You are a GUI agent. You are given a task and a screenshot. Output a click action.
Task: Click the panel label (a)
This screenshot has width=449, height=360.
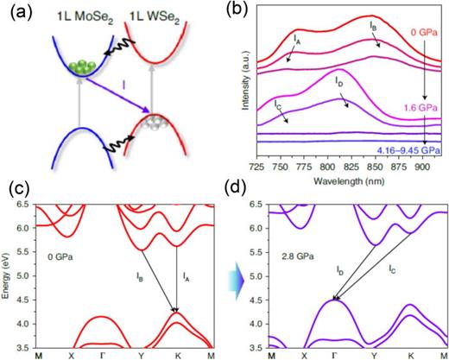tap(15, 10)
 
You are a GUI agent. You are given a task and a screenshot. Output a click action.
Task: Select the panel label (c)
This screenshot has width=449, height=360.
tap(15, 189)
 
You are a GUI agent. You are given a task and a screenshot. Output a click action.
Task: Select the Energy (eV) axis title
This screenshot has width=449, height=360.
tap(8, 276)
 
